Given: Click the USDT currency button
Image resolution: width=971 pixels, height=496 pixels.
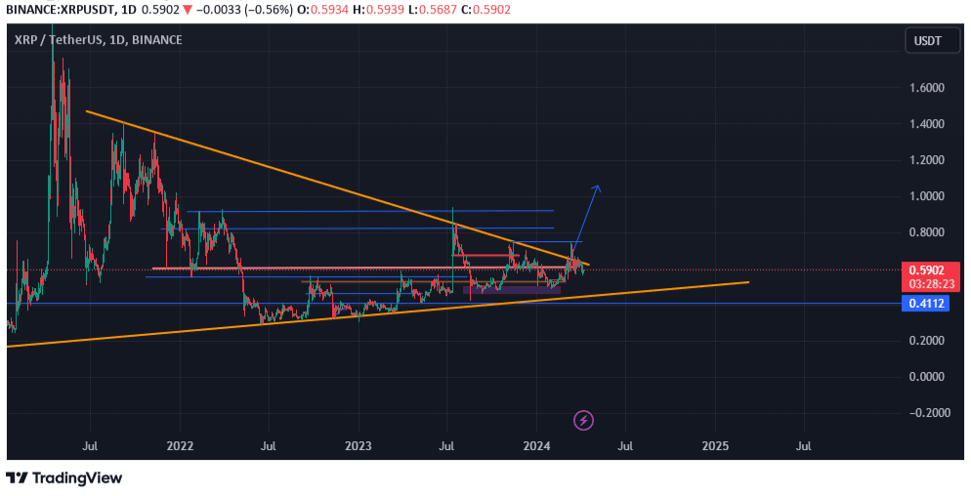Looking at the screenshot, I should (x=927, y=40).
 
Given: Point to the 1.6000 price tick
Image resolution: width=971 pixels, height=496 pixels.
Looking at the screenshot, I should (x=927, y=88).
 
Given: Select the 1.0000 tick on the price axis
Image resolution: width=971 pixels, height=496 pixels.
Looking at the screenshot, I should (x=927, y=196).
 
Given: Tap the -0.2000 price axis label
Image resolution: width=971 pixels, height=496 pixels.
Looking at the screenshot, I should (x=925, y=413).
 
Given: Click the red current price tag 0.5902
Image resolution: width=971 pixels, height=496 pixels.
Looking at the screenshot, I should (x=926, y=270).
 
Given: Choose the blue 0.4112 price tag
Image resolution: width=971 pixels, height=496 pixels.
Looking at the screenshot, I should (x=926, y=304).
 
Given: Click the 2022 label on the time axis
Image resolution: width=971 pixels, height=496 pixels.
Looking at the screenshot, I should (x=180, y=446).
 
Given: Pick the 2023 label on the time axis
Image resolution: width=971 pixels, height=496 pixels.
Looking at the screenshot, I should (x=359, y=446).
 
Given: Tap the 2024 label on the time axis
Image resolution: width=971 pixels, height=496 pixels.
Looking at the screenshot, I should (x=537, y=446).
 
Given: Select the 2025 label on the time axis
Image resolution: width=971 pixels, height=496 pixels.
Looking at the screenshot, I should (x=715, y=446).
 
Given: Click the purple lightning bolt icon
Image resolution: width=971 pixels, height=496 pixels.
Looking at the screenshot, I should (x=583, y=421).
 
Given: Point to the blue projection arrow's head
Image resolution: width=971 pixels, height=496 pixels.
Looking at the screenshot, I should (x=597, y=186).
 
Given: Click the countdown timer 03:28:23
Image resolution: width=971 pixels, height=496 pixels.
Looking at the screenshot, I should (x=926, y=283).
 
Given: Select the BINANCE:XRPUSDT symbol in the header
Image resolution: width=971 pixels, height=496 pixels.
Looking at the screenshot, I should (x=57, y=9).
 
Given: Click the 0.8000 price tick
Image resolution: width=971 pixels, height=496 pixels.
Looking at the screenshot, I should (x=927, y=232).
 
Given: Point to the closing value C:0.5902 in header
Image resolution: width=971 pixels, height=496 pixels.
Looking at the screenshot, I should (x=485, y=9).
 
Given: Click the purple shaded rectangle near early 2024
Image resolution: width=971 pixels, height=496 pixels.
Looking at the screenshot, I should (x=511, y=289).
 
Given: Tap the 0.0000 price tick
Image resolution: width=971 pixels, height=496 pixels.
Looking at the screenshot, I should (x=927, y=377).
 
